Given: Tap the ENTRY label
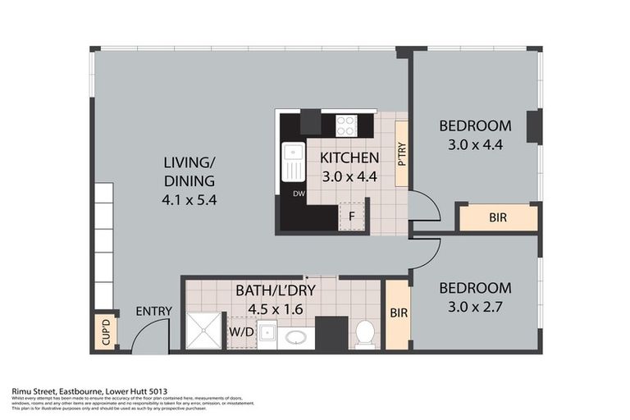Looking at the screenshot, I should [154, 311].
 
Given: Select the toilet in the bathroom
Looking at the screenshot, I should [365, 332].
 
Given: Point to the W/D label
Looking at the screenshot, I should [240, 333].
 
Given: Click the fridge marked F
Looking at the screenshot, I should [352, 217].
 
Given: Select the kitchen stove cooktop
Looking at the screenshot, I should [346, 125].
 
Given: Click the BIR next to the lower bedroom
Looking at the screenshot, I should [398, 314].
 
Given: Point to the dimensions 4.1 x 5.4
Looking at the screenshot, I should [188, 199].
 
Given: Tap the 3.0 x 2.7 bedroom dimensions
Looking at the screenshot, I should [475, 307].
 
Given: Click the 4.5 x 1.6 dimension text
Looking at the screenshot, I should [281, 310].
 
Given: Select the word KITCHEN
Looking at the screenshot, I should [349, 157].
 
